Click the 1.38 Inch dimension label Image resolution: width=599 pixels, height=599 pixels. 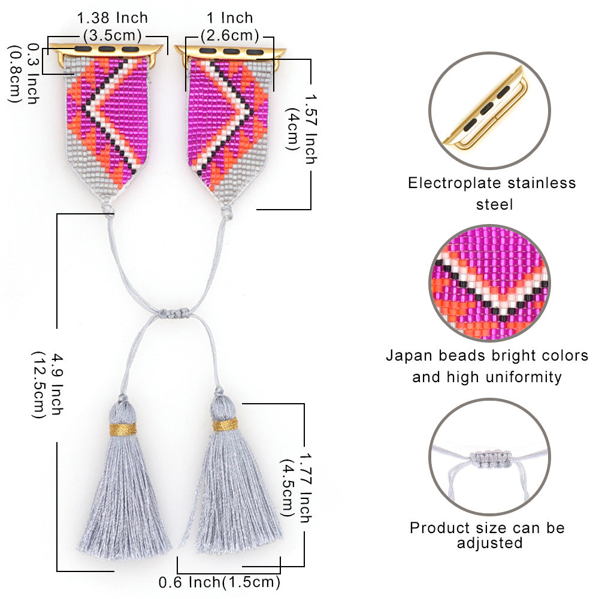pos(113,18)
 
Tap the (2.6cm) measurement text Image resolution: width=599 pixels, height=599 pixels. pos(230,35)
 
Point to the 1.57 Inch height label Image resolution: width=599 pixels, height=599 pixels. pos(311,129)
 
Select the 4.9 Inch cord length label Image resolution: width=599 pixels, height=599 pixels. pos(56,384)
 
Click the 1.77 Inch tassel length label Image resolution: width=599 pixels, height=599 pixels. pos(305,488)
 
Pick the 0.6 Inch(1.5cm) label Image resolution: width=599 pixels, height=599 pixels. pos(220,582)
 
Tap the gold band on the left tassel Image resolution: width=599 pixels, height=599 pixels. pos(123,429)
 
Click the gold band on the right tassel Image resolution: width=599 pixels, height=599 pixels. pos(225,425)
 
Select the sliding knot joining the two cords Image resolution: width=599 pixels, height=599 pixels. pos(174,313)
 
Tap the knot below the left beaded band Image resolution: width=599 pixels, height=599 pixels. pos(108,209)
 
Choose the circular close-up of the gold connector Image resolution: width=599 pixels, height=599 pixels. pos(489,111)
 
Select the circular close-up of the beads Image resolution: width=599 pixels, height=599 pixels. pos(489,283)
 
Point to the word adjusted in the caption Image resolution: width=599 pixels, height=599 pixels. pos(490,543)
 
